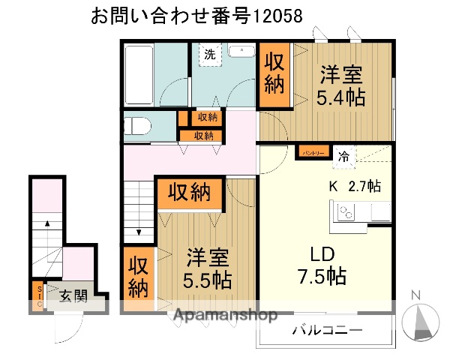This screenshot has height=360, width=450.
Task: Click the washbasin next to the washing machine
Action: [241, 52]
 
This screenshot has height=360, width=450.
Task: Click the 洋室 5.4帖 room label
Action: [342, 87]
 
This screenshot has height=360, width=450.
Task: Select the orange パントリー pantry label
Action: [313, 152]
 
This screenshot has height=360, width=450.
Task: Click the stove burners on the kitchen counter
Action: [346, 214]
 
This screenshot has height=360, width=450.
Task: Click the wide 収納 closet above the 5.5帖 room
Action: [189, 193]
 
